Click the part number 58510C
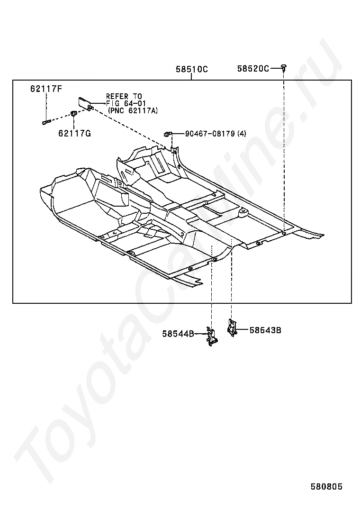[x=191, y=69]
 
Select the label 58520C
[x=253, y=69]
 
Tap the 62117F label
[x=46, y=89]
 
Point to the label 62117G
[x=74, y=134]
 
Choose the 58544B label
[x=178, y=334]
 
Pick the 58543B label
[x=265, y=330]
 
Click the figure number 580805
[x=326, y=487]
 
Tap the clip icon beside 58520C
[x=283, y=68]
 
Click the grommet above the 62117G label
[x=74, y=114]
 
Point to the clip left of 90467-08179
[x=168, y=134]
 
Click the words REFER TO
[x=124, y=96]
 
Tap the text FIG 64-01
[x=126, y=103]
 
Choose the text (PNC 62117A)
[x=133, y=110]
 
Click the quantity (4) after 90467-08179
[x=242, y=134]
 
